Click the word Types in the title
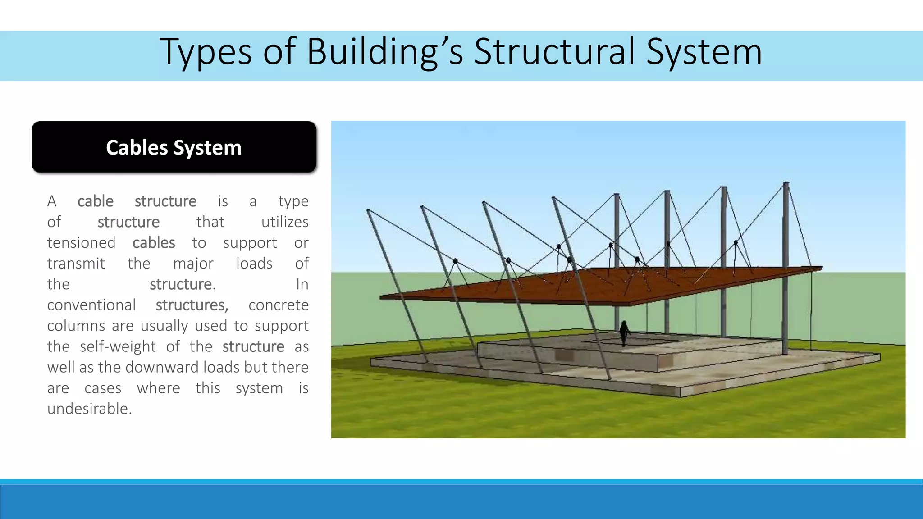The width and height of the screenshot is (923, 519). (205, 52)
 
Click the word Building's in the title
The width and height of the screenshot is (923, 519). (385, 52)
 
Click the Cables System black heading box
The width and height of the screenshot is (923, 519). (174, 147)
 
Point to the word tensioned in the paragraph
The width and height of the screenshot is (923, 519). (81, 243)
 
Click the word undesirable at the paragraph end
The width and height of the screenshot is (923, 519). (89, 409)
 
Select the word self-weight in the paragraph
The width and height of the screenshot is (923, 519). (117, 346)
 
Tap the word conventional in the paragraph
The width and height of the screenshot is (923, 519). (91, 305)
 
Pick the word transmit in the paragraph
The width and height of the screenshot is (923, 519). (76, 264)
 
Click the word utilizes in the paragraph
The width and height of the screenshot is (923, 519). (285, 222)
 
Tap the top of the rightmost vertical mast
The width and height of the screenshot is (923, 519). (786, 183)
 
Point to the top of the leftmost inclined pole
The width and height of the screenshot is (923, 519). (368, 210)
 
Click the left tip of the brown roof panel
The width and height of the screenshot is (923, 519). (381, 297)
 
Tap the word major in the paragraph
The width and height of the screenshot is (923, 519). (193, 264)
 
